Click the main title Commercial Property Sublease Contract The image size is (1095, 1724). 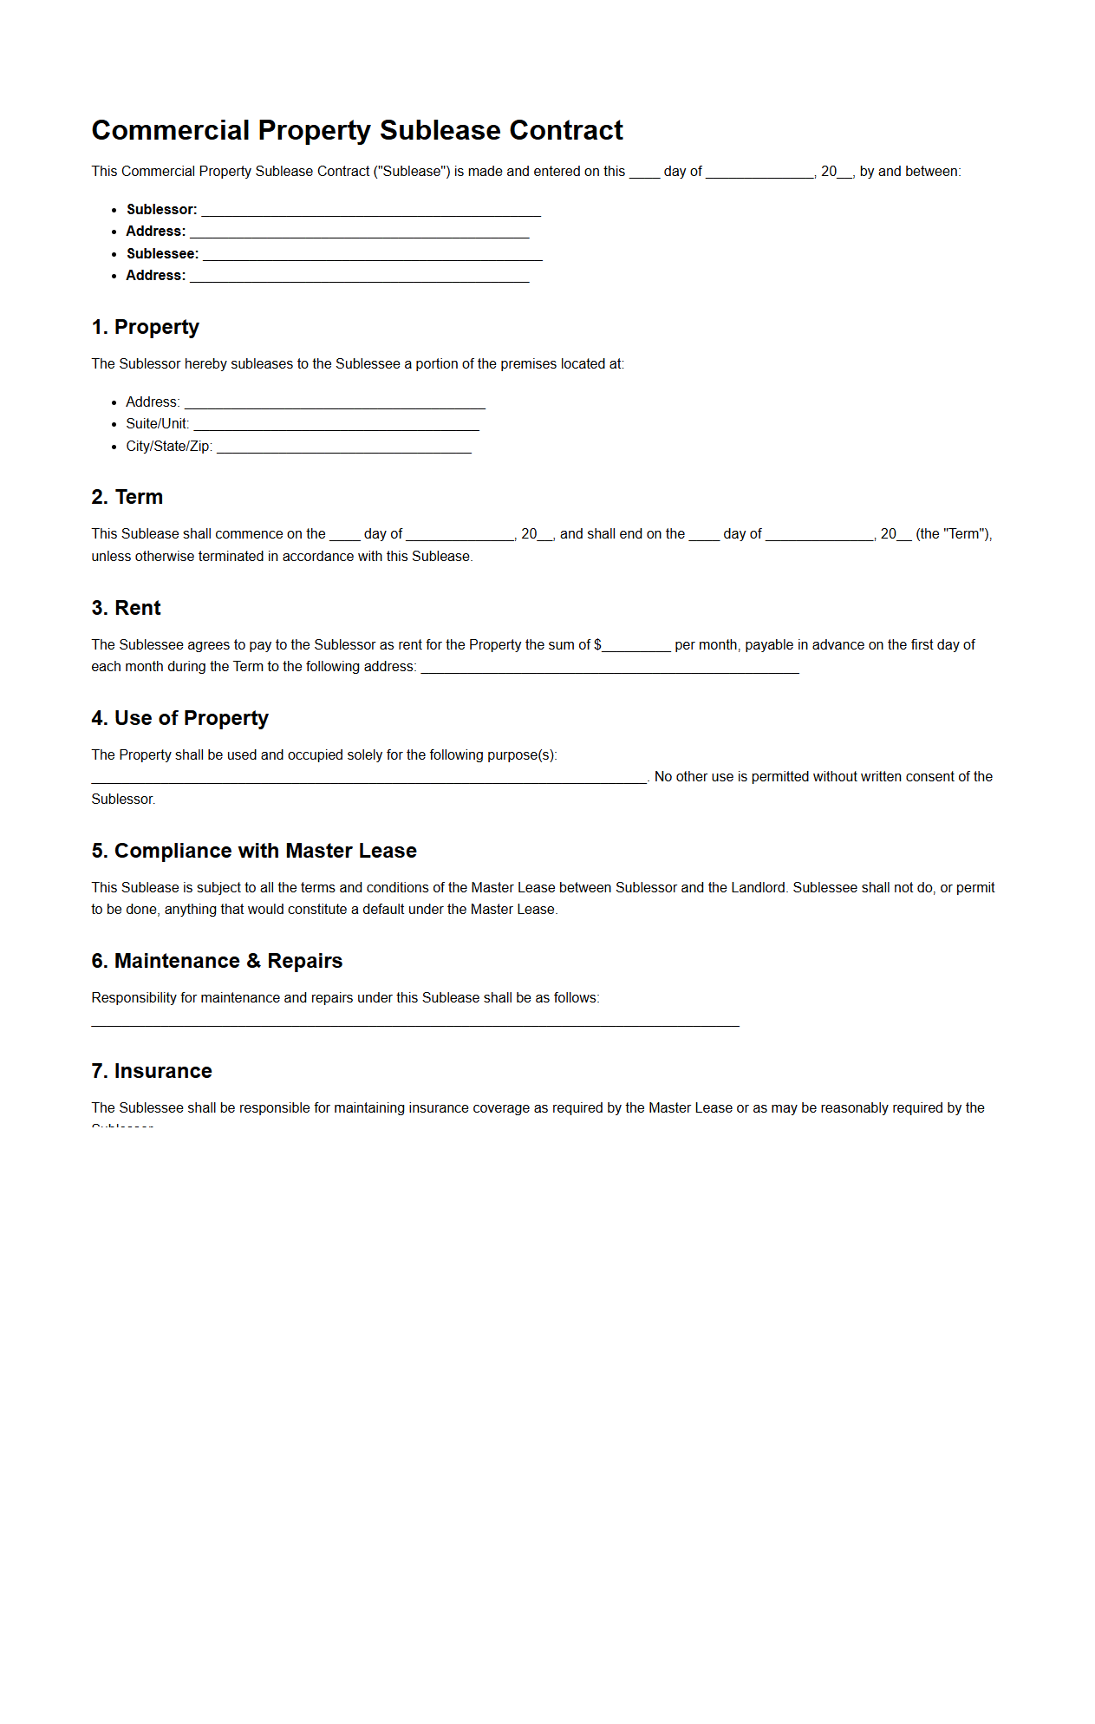357,130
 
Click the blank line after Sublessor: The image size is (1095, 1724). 371,211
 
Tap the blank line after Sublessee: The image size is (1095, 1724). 372,255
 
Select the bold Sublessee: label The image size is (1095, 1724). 162,254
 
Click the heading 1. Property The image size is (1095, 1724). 146,327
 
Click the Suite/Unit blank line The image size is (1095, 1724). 336,425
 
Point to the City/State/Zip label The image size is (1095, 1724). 169,447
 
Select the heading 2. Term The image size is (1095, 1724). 127,497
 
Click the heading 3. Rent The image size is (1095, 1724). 127,608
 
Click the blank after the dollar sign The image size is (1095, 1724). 636,647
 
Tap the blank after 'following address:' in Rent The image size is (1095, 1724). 609,669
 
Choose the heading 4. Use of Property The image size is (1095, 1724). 180,718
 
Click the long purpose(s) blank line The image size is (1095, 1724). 369,779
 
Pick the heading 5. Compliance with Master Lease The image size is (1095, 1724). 254,851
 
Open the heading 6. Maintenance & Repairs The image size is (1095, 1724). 217,961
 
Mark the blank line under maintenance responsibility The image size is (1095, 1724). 415,1023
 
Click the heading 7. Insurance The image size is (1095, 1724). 152,1071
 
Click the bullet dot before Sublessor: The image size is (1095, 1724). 114,210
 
